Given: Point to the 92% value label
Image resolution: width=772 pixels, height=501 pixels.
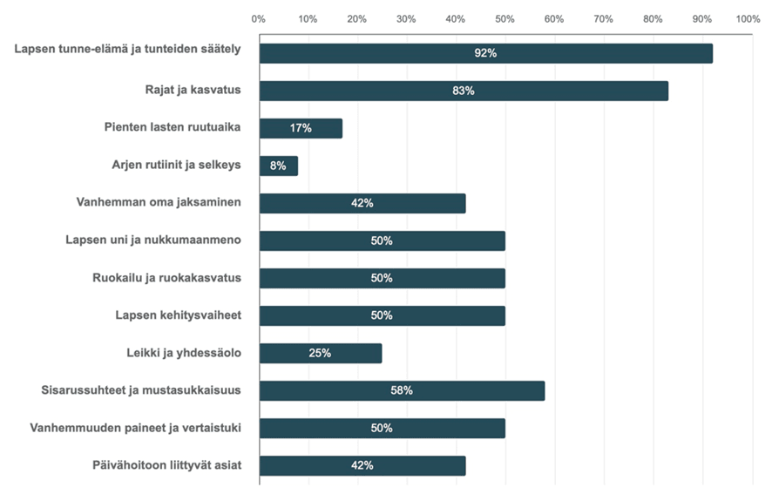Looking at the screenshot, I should tap(485, 53).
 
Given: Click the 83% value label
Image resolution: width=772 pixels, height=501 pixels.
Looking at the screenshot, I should tap(464, 91).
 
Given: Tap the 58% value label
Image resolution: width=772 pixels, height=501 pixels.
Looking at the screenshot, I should tap(402, 390).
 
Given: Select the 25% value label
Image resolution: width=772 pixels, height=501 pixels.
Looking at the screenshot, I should tap(320, 353).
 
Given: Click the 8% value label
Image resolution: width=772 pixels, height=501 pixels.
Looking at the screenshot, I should tap(278, 166).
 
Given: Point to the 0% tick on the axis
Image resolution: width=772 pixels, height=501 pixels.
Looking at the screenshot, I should tap(259, 17).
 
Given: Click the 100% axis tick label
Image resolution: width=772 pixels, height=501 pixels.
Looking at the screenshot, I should tap(748, 17).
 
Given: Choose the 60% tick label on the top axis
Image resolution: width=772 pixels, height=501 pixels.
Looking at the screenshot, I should tap(552, 17).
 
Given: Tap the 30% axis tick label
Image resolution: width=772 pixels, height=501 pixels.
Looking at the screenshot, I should tap(405, 17).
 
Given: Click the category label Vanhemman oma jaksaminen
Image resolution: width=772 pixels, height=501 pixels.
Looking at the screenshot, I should tap(159, 203).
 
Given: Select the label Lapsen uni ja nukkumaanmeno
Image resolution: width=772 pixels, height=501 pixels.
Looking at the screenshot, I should tap(153, 240).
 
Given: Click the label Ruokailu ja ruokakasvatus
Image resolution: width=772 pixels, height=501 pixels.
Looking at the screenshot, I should tap(166, 278).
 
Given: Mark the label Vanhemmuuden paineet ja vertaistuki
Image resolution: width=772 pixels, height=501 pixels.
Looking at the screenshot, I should tap(135, 428).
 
